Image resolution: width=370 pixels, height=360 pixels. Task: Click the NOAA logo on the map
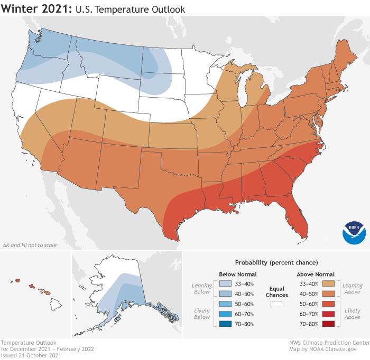tap(354, 232)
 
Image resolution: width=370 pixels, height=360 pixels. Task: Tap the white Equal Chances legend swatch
tap(277, 304)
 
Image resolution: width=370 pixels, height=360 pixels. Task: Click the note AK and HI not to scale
tap(29, 245)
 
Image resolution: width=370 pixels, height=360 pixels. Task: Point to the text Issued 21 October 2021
tap(31, 355)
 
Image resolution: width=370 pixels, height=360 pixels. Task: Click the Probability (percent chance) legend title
tap(276, 262)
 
